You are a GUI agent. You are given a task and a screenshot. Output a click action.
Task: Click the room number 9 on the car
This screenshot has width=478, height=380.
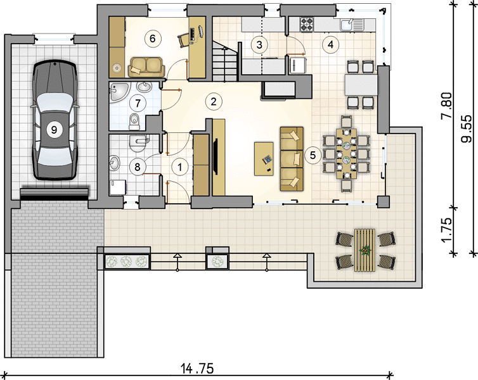(54, 130)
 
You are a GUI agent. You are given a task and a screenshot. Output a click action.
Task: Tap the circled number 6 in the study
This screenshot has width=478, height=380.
(152, 39)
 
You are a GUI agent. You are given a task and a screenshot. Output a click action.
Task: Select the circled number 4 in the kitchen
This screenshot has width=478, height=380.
(330, 44)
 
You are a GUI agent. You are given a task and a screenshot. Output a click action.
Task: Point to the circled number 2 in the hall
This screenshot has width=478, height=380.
(214, 101)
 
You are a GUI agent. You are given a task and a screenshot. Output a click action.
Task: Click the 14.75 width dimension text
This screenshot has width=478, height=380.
(197, 369)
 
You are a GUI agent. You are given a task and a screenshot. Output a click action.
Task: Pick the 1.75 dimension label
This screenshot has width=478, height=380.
(447, 230)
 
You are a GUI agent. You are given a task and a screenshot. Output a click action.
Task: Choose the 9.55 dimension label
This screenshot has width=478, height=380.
(466, 129)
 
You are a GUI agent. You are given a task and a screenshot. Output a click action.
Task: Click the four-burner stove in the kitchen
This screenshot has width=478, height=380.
(307, 25)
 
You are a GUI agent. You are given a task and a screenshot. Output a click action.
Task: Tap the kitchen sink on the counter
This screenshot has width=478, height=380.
(351, 24)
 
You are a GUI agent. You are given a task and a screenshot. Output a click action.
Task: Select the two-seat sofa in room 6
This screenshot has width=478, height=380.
(146, 67)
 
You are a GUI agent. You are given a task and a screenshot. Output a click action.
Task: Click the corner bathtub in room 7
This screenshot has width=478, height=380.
(120, 92)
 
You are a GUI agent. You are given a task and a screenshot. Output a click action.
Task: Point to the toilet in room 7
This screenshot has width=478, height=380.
(134, 121)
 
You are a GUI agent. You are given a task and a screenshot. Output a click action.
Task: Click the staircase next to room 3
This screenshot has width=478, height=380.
(224, 61)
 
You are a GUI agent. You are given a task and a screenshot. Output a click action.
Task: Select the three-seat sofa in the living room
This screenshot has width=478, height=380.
(292, 159)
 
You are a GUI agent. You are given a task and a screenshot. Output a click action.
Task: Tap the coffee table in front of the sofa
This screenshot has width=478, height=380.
(264, 158)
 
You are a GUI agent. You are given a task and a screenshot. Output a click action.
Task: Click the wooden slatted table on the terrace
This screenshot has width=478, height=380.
(365, 250)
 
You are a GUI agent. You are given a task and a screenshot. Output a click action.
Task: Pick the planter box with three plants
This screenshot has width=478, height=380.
(127, 261)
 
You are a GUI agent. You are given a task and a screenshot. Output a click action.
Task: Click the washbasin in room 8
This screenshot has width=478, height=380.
(115, 163)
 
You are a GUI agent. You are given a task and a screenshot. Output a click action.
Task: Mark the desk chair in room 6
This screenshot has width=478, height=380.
(184, 40)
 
